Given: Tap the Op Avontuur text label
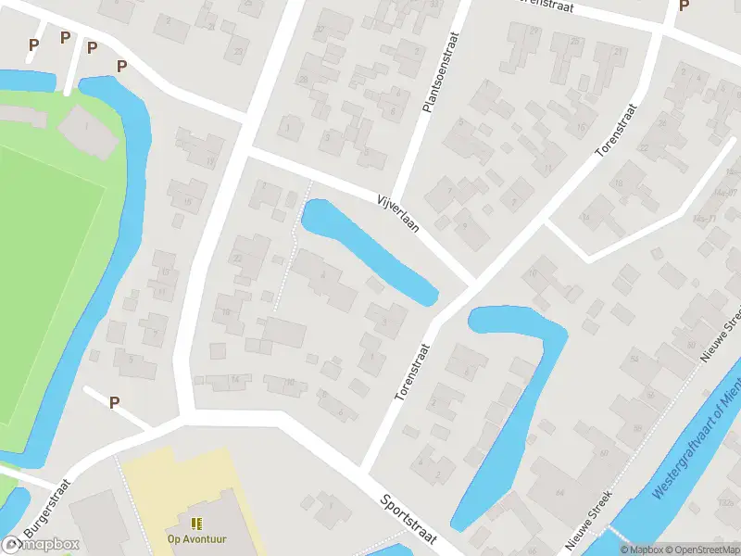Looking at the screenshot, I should click(196, 539).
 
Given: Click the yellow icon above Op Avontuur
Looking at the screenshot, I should click(196, 524).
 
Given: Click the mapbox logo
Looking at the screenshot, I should click(41, 545).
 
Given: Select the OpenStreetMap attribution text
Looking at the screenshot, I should click(701, 550).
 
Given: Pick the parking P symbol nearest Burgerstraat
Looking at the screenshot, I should click(115, 402).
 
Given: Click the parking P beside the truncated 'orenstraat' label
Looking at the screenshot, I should click(684, 6).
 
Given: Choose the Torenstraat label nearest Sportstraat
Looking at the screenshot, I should click(412, 372).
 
